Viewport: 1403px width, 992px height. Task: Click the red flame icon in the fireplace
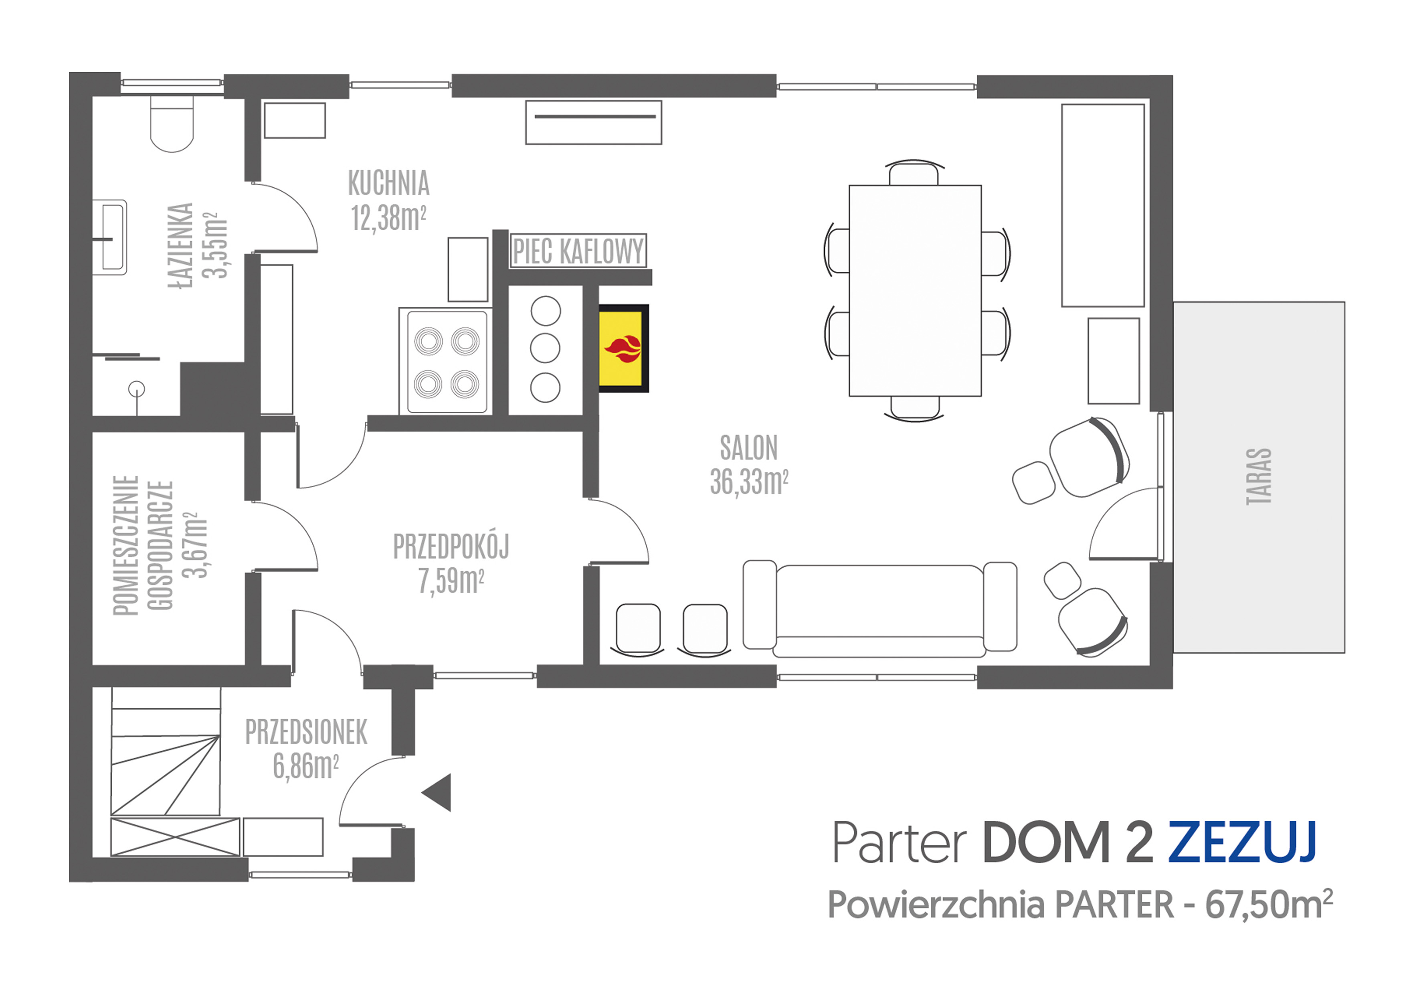[x=623, y=349]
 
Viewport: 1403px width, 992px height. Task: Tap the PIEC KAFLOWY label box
[x=578, y=251]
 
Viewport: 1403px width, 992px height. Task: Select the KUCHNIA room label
[x=389, y=183]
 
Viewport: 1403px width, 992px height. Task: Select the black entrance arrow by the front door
[x=437, y=792]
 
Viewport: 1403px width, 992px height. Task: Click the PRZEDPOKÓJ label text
[x=451, y=547]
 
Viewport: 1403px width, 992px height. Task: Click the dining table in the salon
[x=915, y=290]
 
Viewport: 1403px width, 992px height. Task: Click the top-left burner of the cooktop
[x=429, y=341]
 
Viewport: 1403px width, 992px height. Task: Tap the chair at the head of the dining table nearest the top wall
[x=914, y=172]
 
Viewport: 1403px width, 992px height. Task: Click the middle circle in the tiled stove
[x=545, y=348]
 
